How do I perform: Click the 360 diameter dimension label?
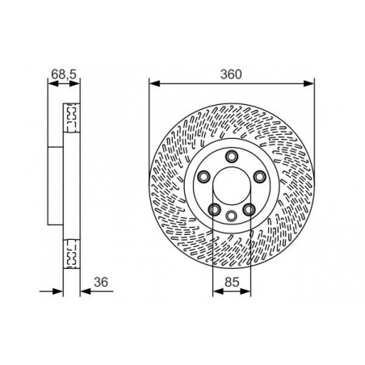click(231, 74)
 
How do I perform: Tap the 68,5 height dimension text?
click(64, 74)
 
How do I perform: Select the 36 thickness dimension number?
click(101, 282)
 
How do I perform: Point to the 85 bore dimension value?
click(232, 282)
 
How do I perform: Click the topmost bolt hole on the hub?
click(232, 157)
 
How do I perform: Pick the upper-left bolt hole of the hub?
click(203, 177)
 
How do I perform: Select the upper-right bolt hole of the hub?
click(259, 177)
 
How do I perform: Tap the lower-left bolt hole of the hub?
click(215, 209)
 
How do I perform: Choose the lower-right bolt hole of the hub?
click(249, 209)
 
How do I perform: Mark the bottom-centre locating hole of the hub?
click(232, 216)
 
